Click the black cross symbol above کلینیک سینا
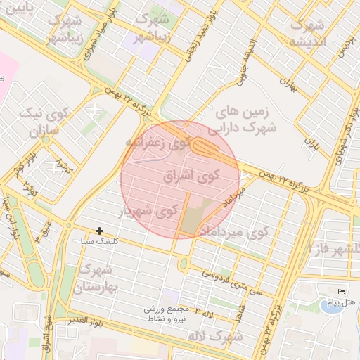[x=100, y=231]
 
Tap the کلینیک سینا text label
[x=97, y=242]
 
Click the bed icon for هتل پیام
[x=342, y=292]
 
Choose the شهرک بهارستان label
[x=98, y=278]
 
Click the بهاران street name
[x=285, y=82]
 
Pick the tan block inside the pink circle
[x=198, y=215]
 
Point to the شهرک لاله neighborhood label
[x=215, y=337]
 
